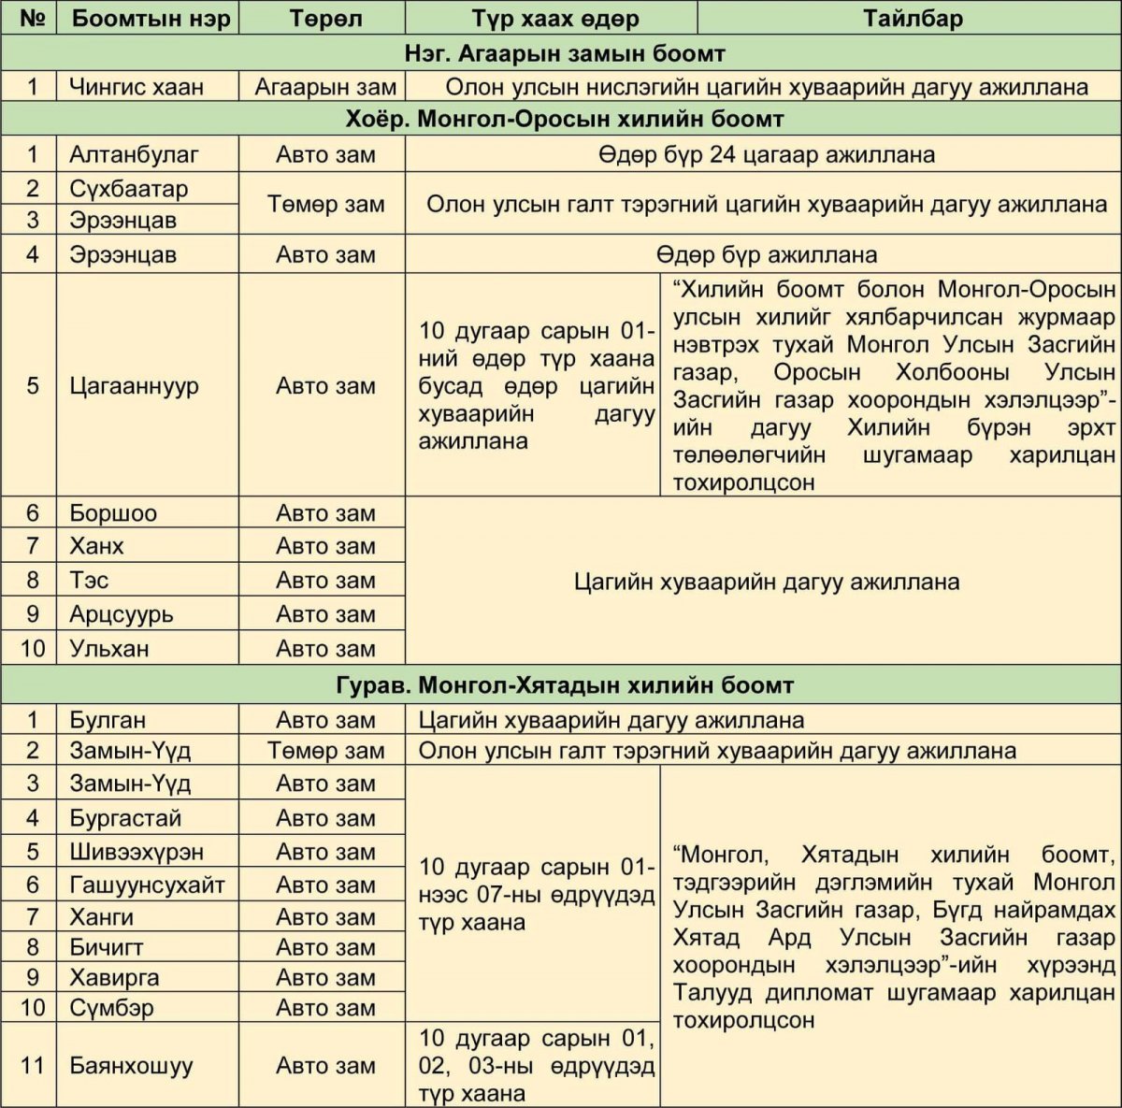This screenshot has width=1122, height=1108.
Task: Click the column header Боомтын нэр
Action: pos(150,19)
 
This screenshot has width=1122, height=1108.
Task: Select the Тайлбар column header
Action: pos(913,19)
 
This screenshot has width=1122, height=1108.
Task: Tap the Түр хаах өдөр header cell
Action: pos(555,19)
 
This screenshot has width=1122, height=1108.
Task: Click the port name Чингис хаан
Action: pos(136,87)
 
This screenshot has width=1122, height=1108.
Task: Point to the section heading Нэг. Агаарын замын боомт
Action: pos(565,53)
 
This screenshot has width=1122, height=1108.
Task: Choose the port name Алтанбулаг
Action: pos(134,154)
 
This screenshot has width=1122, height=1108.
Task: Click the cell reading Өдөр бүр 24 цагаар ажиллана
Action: pos(766,154)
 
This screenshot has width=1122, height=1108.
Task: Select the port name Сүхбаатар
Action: pos(128,188)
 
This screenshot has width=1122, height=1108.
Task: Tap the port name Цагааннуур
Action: pos(134,385)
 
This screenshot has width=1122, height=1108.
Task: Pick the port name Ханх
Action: pos(96,546)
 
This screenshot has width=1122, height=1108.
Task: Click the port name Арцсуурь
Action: pos(121,614)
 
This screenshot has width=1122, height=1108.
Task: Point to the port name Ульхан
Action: pos(108,648)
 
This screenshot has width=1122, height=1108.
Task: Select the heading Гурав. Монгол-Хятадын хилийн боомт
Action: pos(565,685)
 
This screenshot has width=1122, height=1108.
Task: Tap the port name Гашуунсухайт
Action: pos(147,885)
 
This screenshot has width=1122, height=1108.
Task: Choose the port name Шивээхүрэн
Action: pos(136,852)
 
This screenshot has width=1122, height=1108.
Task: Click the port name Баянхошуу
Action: pos(131,1065)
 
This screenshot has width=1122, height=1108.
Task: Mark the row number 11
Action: pos(32,1065)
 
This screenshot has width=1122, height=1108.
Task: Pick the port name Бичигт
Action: pos(106,947)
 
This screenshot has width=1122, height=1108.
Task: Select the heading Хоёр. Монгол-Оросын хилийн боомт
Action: pos(565,120)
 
